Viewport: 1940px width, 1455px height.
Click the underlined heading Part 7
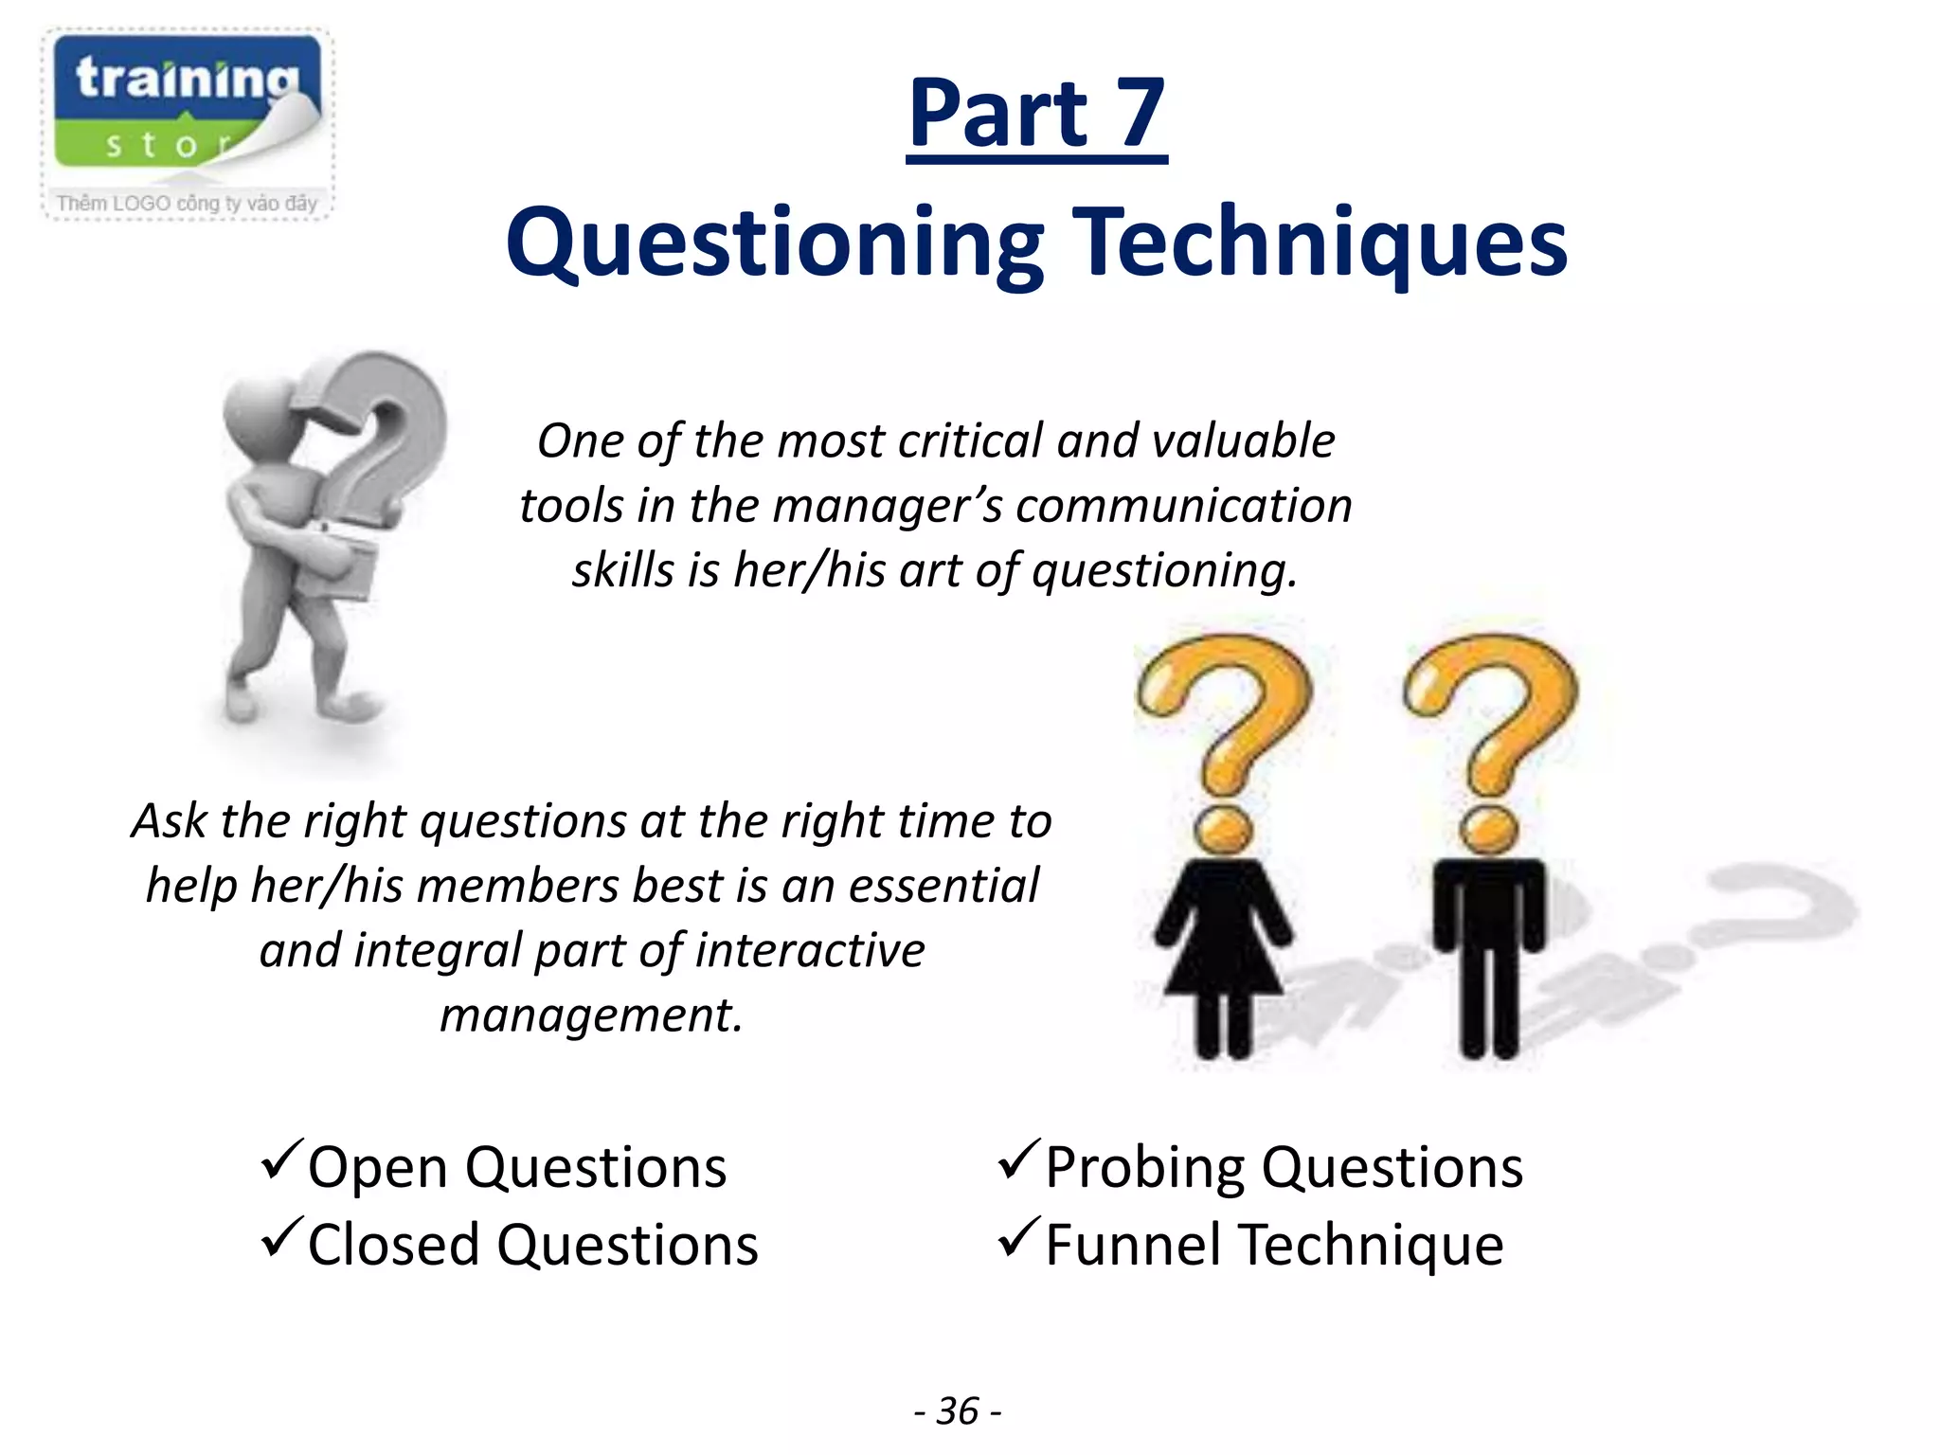[1036, 115]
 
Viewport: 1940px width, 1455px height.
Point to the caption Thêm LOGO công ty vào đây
[187, 203]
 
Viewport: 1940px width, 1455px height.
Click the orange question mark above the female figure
[1223, 729]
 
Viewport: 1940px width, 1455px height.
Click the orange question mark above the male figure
[1490, 729]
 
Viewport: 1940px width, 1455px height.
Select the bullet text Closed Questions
[532, 1245]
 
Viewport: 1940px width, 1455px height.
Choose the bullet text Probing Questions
[1284, 1167]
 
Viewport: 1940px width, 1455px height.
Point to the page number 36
[958, 1411]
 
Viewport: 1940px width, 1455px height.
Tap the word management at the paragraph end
[591, 1015]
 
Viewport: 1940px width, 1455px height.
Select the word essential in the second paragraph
[943, 886]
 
